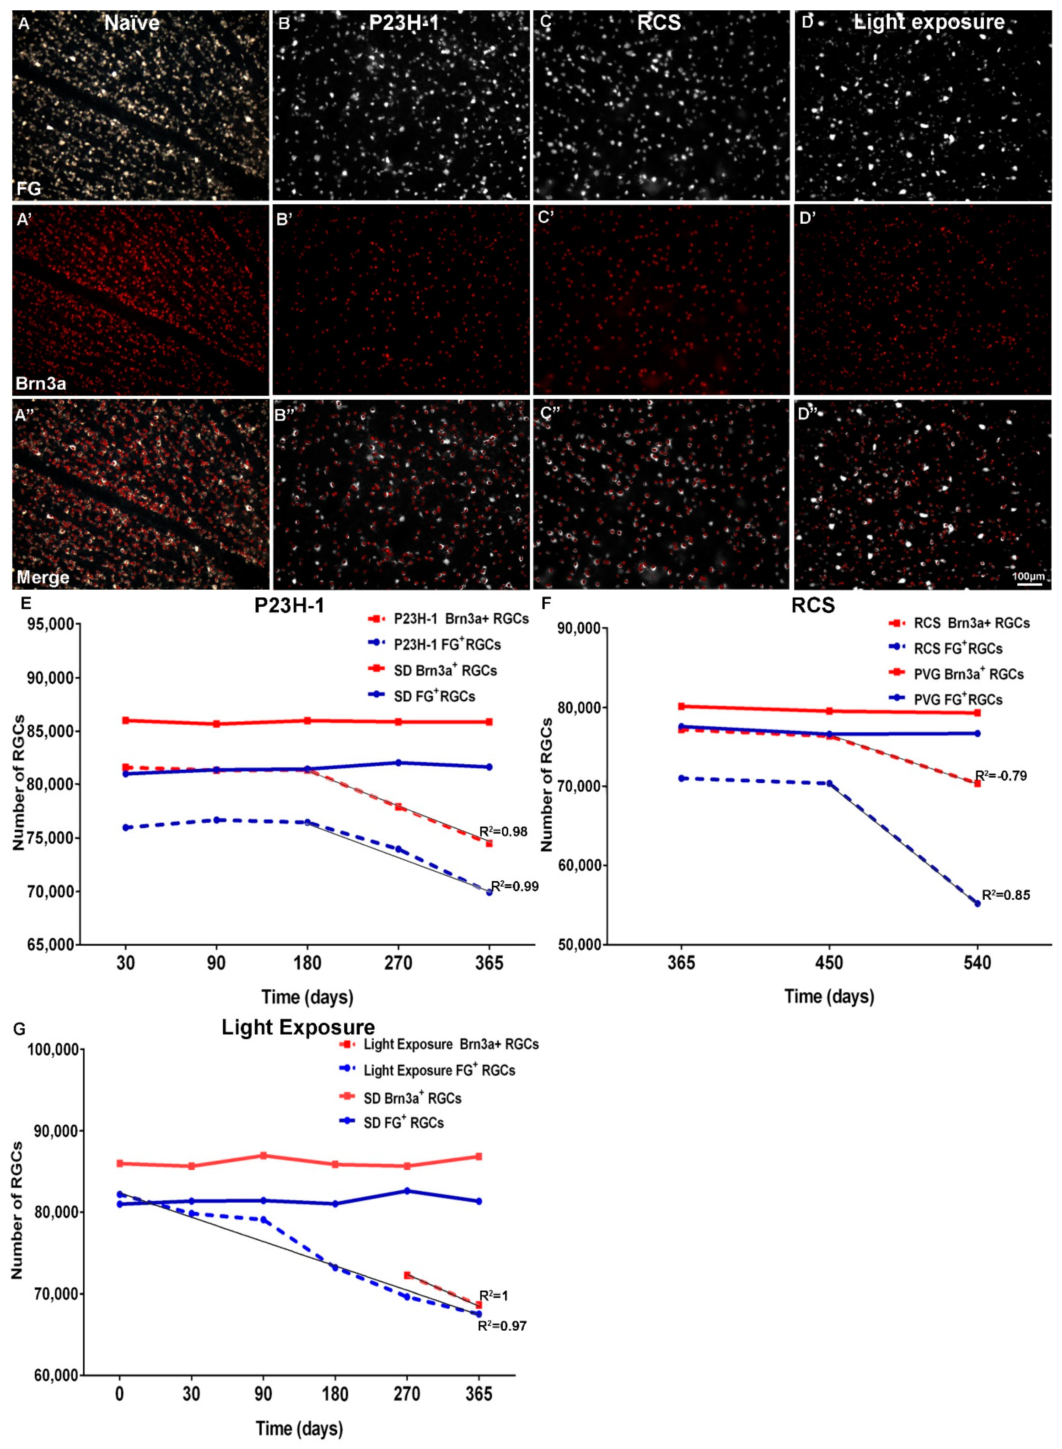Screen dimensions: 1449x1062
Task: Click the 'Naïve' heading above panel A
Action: click(132, 23)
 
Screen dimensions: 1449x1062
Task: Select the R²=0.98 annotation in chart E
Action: click(503, 832)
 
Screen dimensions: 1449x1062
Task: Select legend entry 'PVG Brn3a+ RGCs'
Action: click(968, 674)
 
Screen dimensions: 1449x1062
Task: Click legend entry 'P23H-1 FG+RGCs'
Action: click(447, 644)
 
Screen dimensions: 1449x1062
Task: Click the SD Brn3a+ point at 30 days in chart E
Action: click(126, 720)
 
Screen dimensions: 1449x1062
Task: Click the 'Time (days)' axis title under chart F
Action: click(829, 996)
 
